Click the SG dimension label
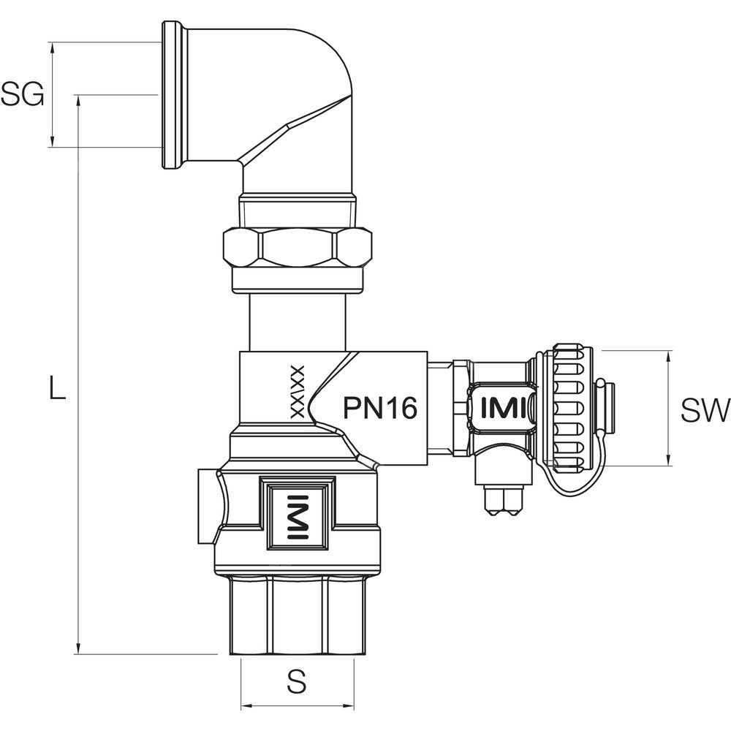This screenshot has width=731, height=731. (x=22, y=95)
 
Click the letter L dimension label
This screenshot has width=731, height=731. (x=57, y=387)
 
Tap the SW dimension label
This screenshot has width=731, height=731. (x=704, y=411)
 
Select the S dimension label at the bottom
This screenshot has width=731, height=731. (x=296, y=683)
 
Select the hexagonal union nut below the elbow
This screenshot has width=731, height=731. (x=298, y=249)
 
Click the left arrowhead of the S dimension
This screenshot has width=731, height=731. (x=246, y=706)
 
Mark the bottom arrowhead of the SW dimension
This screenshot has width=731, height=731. (x=669, y=461)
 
